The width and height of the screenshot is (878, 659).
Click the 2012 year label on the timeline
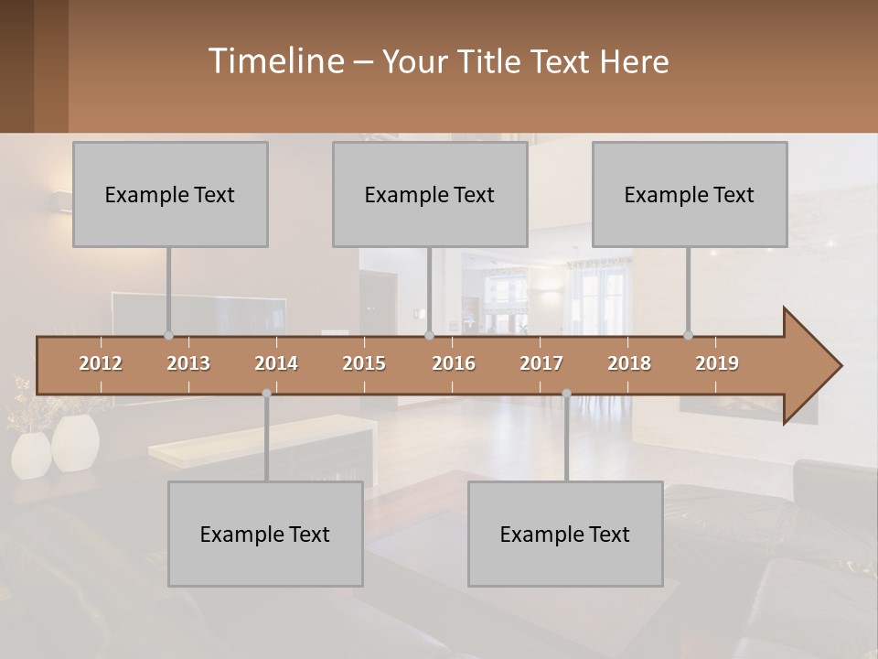click(101, 363)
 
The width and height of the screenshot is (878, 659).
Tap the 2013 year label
click(188, 363)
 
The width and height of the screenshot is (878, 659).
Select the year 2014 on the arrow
click(276, 363)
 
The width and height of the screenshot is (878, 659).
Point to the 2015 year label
click(364, 363)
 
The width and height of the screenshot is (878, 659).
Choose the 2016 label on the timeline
click(454, 363)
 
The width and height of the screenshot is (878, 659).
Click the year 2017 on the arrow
click(541, 363)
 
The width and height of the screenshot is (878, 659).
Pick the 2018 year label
click(629, 363)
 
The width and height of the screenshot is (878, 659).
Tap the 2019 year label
click(717, 363)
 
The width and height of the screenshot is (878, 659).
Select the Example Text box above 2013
click(170, 194)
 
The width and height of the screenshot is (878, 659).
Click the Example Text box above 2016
click(430, 194)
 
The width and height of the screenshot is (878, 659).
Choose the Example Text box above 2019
click(690, 194)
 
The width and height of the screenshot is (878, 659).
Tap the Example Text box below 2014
click(265, 534)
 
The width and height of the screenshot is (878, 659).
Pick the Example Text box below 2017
click(565, 534)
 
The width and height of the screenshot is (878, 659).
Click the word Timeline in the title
click(275, 60)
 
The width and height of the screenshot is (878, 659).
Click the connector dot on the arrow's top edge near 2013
click(168, 336)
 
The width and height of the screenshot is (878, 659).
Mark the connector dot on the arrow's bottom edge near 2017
click(566, 394)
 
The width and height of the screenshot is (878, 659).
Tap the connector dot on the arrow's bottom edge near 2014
click(266, 394)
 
